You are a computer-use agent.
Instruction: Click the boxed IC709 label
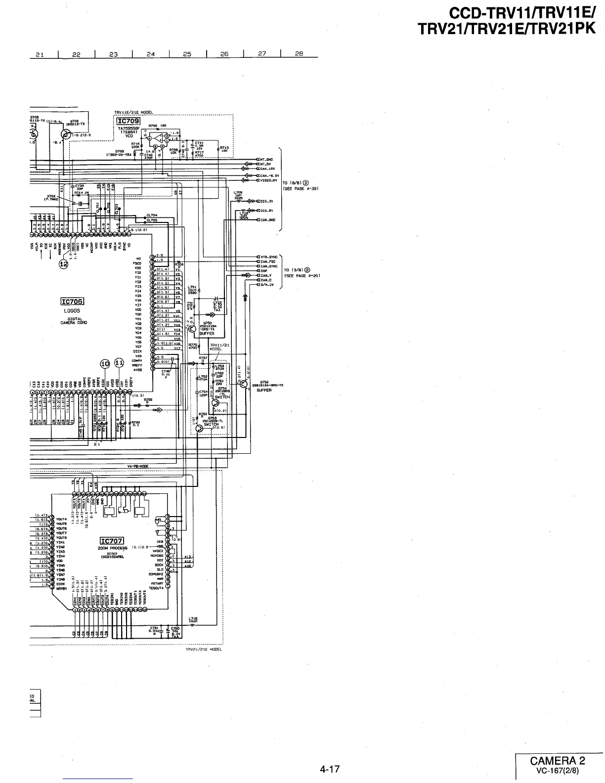point(129,121)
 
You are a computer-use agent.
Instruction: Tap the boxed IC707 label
point(112,541)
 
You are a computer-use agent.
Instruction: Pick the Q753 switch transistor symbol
point(199,429)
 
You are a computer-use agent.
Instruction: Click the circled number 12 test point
point(64,264)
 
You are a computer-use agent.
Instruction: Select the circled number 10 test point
point(105,364)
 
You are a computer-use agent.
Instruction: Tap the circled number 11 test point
point(119,364)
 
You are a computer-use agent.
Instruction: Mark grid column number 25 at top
point(187,54)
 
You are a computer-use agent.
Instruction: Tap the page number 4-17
point(329,769)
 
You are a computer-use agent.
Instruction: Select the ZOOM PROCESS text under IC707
point(113,548)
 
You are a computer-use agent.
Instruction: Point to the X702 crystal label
point(51,196)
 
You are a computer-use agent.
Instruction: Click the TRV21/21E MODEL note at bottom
point(204,649)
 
